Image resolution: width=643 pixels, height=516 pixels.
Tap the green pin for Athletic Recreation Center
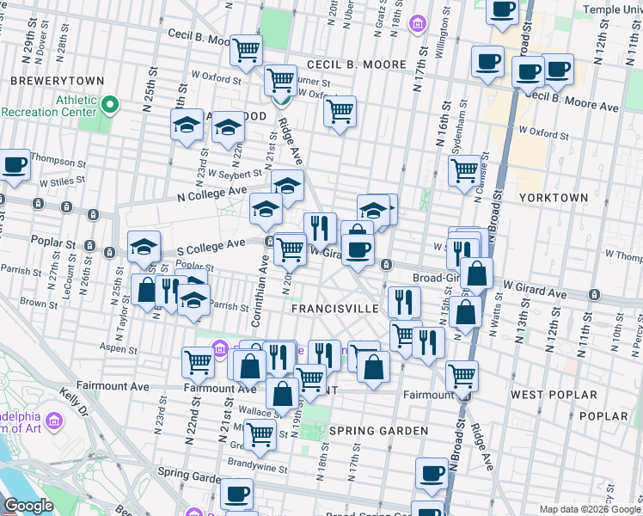point(110,106)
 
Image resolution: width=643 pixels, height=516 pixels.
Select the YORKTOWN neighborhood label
point(554,198)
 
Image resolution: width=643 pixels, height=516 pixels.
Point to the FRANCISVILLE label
point(334,308)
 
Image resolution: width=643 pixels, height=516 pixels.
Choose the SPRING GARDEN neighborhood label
point(378,430)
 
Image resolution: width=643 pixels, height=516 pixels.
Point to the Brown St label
point(39,304)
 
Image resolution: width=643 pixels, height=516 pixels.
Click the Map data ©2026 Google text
point(590,509)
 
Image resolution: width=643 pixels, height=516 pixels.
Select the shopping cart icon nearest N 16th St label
point(464,171)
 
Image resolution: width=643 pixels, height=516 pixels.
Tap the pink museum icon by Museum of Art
point(55,421)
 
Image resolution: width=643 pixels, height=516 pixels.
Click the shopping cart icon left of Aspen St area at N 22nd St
point(198,362)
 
